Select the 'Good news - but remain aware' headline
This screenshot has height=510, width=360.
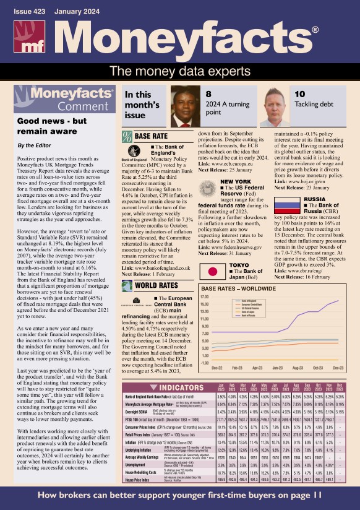click(x=52, y=126)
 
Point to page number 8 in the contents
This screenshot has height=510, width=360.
click(x=208, y=94)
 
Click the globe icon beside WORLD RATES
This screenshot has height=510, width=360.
click(x=127, y=285)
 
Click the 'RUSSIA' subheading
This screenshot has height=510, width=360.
click(x=314, y=200)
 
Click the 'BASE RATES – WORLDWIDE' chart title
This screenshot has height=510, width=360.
click(x=239, y=288)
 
